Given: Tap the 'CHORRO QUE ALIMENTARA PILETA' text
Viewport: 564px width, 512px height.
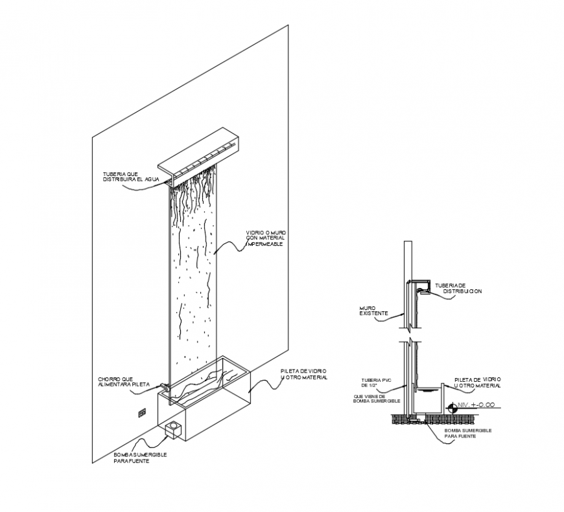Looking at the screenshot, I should pyautogui.click(x=124, y=381).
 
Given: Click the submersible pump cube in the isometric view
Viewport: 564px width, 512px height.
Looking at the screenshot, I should pyautogui.click(x=173, y=429).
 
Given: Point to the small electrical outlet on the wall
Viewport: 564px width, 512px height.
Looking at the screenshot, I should pyautogui.click(x=141, y=412).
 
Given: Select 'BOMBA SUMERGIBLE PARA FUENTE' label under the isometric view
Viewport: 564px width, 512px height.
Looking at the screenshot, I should pyautogui.click(x=140, y=458).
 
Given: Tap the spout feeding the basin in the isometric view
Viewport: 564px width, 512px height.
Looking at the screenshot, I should pyautogui.click(x=165, y=388).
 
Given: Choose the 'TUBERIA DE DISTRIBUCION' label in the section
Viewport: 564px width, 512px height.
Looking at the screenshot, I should pyautogui.click(x=458, y=288).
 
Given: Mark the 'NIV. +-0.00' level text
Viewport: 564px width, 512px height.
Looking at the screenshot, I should pyautogui.click(x=476, y=405).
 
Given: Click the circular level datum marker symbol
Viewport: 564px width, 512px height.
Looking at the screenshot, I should pyautogui.click(x=451, y=407).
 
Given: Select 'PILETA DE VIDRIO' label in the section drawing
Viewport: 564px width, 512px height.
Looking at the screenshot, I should pyautogui.click(x=477, y=382).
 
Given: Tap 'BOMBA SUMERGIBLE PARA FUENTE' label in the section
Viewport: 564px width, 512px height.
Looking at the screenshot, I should pyautogui.click(x=467, y=433).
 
